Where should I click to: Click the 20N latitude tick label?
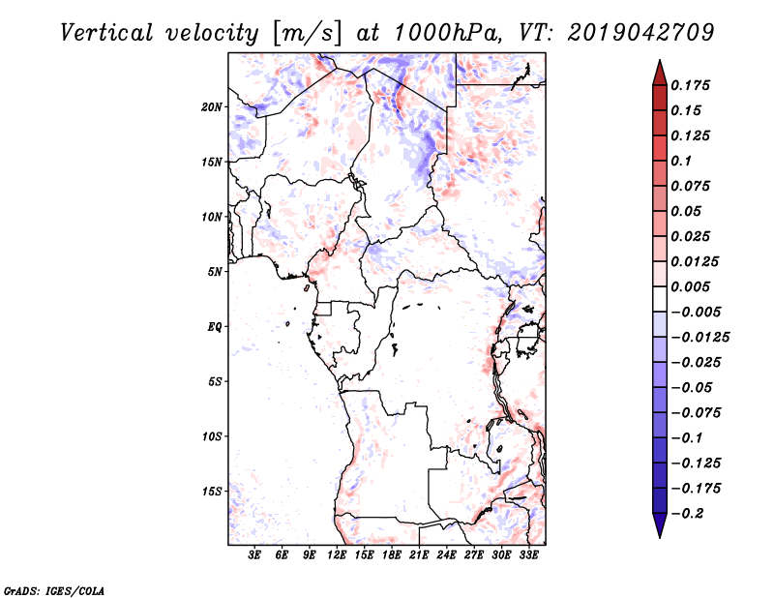click(212, 107)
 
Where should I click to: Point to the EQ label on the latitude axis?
click(214, 327)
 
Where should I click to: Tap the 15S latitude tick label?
click(212, 492)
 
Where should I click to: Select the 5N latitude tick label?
click(215, 272)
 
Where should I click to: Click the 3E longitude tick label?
click(254, 555)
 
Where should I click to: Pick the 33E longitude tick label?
click(528, 555)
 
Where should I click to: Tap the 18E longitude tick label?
click(392, 555)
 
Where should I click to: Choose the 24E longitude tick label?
click(446, 555)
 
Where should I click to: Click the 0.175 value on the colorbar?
click(690, 85)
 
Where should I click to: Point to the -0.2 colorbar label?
click(687, 514)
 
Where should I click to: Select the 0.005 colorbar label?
click(690, 286)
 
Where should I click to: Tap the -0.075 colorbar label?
click(696, 413)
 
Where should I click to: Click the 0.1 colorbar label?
click(681, 161)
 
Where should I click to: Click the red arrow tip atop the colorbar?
click(660, 60)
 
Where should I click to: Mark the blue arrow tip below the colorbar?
click(660, 537)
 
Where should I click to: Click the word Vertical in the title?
click(106, 33)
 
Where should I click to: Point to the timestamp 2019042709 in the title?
click(640, 33)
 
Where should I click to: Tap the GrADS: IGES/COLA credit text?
click(54, 590)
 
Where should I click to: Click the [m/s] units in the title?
click(307, 34)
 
